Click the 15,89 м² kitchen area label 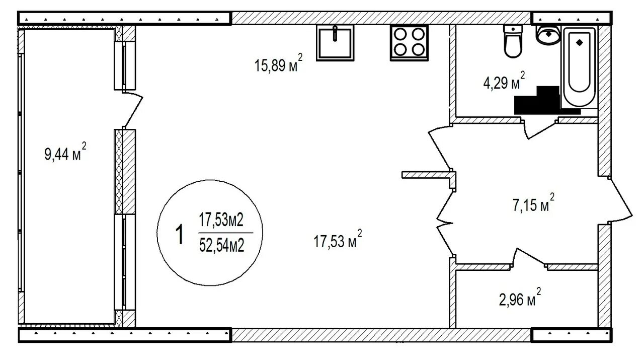pos(278,63)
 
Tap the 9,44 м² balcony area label pos(65,152)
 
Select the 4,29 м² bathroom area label pos(504,81)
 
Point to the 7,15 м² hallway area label pos(534,203)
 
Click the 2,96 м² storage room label pos(520,297)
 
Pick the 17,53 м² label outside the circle pos(338,239)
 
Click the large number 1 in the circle pos(180,235)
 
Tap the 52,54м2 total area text pos(222,246)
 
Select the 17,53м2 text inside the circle pos(221,220)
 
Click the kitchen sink pos(335,43)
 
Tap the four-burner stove pos(409,43)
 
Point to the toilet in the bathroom pos(513,41)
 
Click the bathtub pos(579,67)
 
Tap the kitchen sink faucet pos(335,33)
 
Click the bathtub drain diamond pos(579,42)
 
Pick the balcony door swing pos(133,109)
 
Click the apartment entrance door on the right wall pos(620,200)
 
